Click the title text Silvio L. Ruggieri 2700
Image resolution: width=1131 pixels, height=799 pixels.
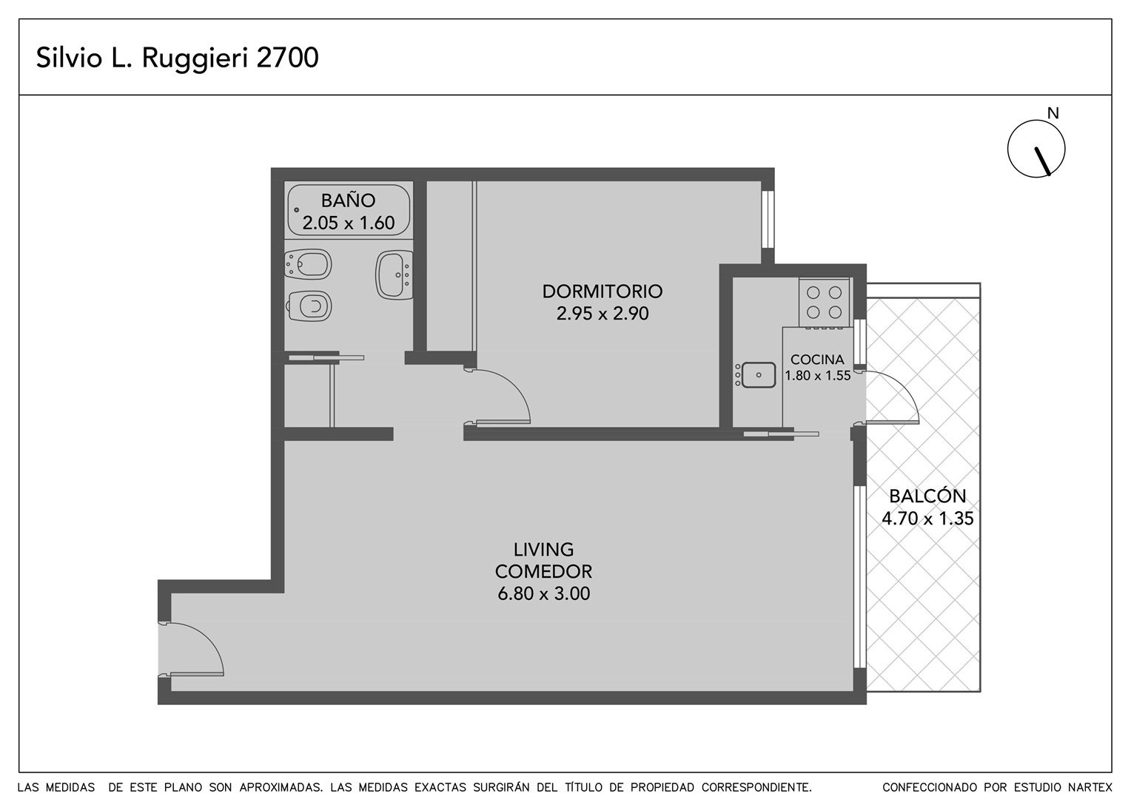pyautogui.click(x=177, y=58)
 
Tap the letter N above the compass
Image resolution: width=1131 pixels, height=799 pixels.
pyautogui.click(x=1053, y=114)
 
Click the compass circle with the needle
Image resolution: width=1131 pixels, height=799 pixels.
pyautogui.click(x=1036, y=149)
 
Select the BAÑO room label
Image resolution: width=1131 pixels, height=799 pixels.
pyautogui.click(x=349, y=200)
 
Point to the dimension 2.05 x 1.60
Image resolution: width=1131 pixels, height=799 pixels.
pyautogui.click(x=349, y=223)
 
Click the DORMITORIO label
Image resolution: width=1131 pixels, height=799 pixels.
pyautogui.click(x=603, y=291)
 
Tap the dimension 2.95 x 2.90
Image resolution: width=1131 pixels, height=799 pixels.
pyautogui.click(x=603, y=314)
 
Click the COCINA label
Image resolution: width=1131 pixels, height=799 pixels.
pyautogui.click(x=817, y=360)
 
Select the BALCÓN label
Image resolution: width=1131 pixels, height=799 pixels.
pyautogui.click(x=927, y=496)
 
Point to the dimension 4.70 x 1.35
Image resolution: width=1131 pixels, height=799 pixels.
pyautogui.click(x=927, y=519)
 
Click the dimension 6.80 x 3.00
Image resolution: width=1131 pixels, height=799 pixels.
pyautogui.click(x=544, y=593)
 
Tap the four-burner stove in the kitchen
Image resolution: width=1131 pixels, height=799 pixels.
pyautogui.click(x=824, y=303)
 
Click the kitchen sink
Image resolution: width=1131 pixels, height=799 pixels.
pyautogui.click(x=755, y=375)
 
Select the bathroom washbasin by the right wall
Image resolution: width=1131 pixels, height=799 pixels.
pyautogui.click(x=395, y=275)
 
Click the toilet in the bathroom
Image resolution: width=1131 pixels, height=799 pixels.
pyautogui.click(x=309, y=306)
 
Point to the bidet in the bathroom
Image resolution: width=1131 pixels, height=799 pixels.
pyautogui.click(x=308, y=264)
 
